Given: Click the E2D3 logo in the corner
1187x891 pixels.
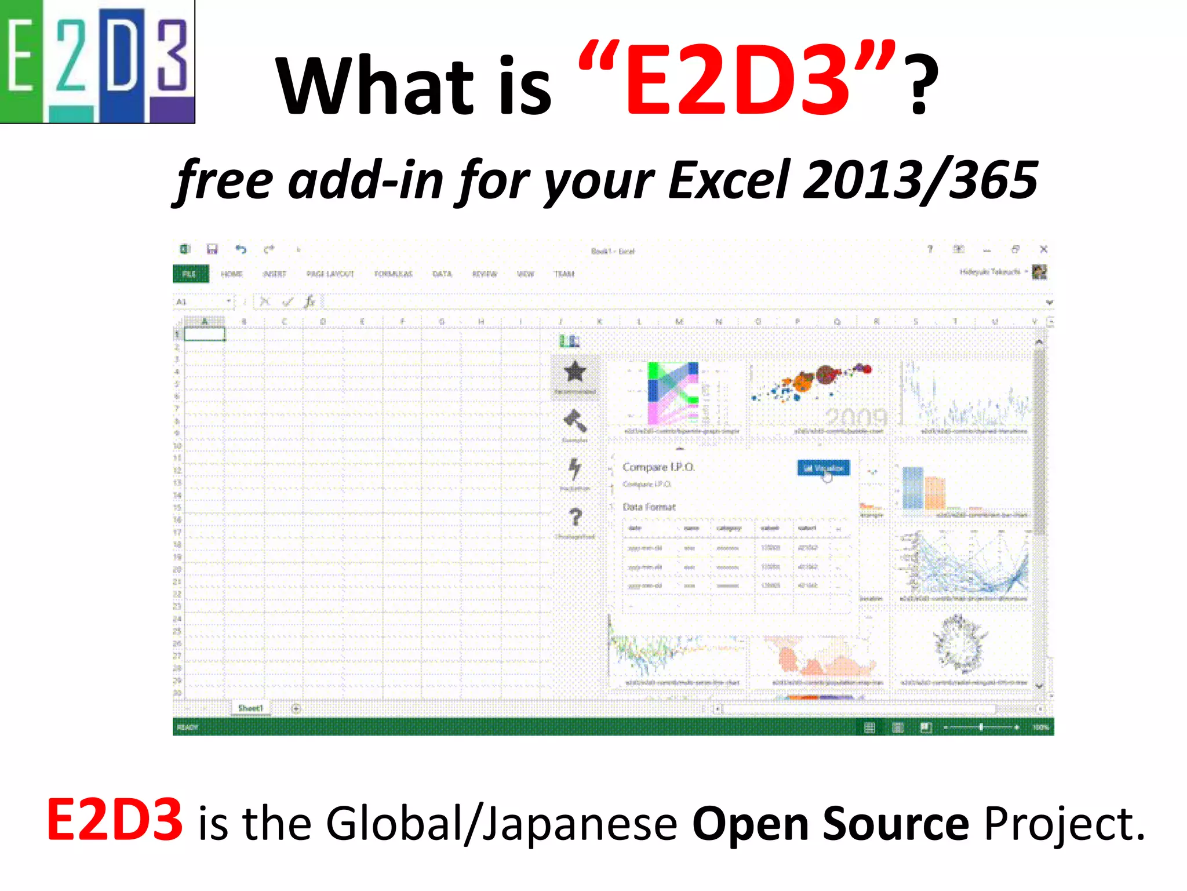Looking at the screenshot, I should pos(97,61).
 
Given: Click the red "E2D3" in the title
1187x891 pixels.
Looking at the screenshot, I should pos(736,81).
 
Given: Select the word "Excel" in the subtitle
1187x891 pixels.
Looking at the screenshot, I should pos(729,180).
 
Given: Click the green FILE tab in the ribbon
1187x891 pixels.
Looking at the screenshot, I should pos(190,274).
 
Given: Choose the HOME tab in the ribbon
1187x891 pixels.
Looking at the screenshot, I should pos(232,274).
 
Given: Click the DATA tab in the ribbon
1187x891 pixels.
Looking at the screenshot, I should pos(442,274).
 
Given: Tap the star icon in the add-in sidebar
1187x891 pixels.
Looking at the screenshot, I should pos(574,372).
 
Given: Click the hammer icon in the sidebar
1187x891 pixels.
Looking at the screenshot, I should pos(574,422).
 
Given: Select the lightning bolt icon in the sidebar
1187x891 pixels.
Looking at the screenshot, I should pos(574,469).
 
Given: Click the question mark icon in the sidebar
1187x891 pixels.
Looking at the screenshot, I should pos(575,517).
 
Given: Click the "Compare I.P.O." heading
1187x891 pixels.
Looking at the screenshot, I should pos(658,467).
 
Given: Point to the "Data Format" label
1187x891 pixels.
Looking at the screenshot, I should pos(649,507).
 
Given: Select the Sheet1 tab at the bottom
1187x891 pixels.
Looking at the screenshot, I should pos(250,708).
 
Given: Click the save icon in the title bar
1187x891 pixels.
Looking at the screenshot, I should pos(212,249).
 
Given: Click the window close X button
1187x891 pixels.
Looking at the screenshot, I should pos(1043,249).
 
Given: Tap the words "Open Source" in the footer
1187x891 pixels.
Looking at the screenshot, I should pos(830,824).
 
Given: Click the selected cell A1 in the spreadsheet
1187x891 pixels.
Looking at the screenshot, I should pos(205,334).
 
